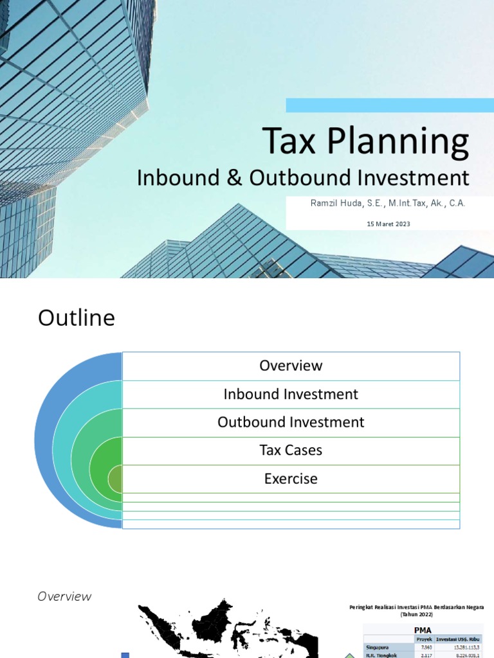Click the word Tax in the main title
point(290,142)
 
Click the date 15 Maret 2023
point(388,224)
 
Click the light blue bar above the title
point(390,105)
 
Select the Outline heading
point(77,318)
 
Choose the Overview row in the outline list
point(291,366)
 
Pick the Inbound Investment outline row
point(291,394)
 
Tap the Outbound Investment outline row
point(291,422)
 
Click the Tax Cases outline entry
point(291,450)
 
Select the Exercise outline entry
point(291,479)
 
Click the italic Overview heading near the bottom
point(64,596)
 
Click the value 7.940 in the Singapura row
point(424,647)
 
